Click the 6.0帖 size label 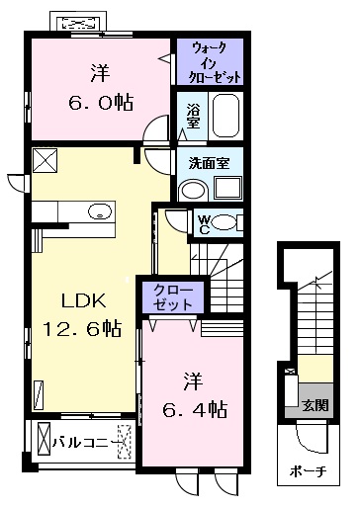(x=101, y=103)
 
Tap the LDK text (x=84, y=300)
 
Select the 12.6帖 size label (x=82, y=328)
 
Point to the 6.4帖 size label (x=195, y=409)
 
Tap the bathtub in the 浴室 (x=225, y=116)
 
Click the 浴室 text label (x=193, y=116)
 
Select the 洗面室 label (x=210, y=163)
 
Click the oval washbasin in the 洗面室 (x=194, y=191)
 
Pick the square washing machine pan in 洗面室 (x=227, y=189)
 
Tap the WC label (x=205, y=224)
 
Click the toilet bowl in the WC (x=224, y=222)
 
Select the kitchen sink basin (x=100, y=211)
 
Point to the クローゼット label (x=173, y=297)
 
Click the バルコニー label (x=86, y=442)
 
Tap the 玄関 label (x=315, y=405)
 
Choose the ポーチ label (x=309, y=471)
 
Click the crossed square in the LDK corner (x=45, y=160)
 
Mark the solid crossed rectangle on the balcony (x=44, y=439)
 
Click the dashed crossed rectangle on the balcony (x=125, y=442)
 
